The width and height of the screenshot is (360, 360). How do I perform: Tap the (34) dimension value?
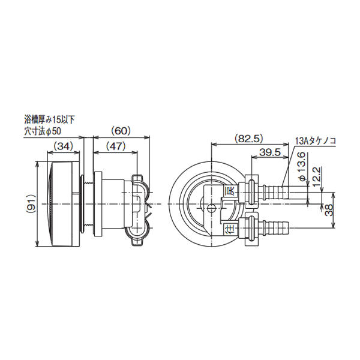[64, 145]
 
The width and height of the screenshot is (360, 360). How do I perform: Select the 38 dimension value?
[328, 209]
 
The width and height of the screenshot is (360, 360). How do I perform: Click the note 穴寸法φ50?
[47, 130]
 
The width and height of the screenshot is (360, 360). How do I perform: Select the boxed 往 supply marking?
[229, 228]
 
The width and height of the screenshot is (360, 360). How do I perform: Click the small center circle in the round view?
[211, 208]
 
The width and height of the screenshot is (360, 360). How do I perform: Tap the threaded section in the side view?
[89, 204]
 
